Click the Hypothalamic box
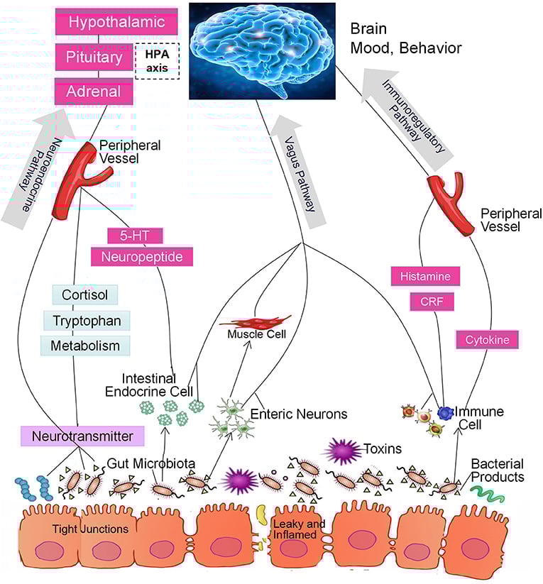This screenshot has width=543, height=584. point(116,22)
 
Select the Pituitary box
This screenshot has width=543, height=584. point(94,57)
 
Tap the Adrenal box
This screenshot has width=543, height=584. point(94,92)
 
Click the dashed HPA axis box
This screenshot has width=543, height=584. point(158,61)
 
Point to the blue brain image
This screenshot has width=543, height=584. point(262,51)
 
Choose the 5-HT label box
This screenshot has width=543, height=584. point(135,236)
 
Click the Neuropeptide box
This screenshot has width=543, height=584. point(142,257)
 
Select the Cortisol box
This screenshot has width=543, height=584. point(85,294)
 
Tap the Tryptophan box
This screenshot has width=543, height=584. point(87,321)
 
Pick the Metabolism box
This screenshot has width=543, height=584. point(85,346)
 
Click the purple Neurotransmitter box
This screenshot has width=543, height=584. point(82,436)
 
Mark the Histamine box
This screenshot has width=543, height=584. point(425,276)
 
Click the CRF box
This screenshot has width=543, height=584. point(432,302)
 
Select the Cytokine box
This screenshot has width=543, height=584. point(487,340)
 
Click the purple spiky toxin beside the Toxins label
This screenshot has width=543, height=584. point(343,451)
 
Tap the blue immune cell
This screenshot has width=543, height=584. point(445,413)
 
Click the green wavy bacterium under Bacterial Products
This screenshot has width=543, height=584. point(487,493)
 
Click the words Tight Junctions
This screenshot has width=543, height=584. point(90,529)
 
